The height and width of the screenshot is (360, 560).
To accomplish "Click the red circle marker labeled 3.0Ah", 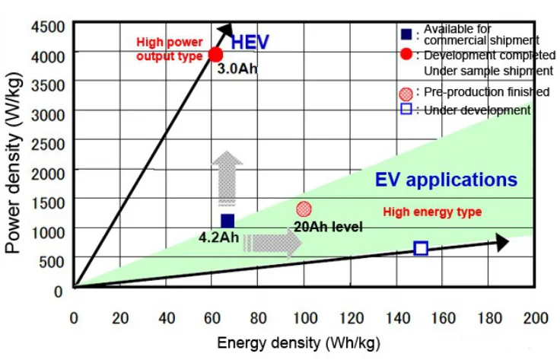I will pos(215,54).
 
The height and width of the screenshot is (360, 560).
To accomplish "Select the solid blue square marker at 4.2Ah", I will pos(228,221).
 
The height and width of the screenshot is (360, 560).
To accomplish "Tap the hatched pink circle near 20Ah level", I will pos(304,209).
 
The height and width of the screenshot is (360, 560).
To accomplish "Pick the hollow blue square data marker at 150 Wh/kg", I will pos(421,248).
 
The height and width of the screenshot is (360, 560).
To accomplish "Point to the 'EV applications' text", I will pos(446,180).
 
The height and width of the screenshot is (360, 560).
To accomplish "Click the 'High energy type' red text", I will pos(431,212).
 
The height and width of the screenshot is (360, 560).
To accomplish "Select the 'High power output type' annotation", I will pos(168,49).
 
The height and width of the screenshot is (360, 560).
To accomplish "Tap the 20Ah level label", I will pos(328,226).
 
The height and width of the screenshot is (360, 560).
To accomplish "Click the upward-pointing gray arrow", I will pos(228,177).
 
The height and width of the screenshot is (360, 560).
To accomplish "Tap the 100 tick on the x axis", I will pos(304,317).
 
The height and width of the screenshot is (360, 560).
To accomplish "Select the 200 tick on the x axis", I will pos(535,317).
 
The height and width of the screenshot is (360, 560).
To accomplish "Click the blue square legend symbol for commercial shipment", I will pos(406,33).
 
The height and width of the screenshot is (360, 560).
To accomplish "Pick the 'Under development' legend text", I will pos(477,110).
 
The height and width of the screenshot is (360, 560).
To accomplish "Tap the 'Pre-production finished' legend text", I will pos(486,92).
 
